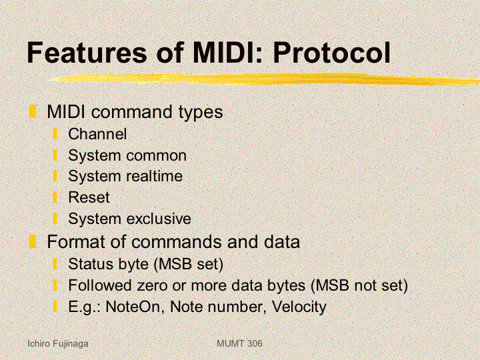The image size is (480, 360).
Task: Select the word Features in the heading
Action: [x=87, y=53]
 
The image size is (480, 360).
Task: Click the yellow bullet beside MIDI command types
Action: [x=33, y=111]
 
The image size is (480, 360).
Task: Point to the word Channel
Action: [x=97, y=134]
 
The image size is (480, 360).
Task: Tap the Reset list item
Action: [x=89, y=197]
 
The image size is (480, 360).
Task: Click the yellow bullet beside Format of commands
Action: [x=33, y=241]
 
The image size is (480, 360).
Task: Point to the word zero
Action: [x=152, y=285]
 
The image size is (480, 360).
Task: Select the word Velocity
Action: [x=299, y=307]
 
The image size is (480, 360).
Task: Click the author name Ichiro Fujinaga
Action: [x=58, y=344]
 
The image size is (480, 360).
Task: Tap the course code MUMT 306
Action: [x=239, y=343]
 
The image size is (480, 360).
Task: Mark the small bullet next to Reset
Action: [x=55, y=197]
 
